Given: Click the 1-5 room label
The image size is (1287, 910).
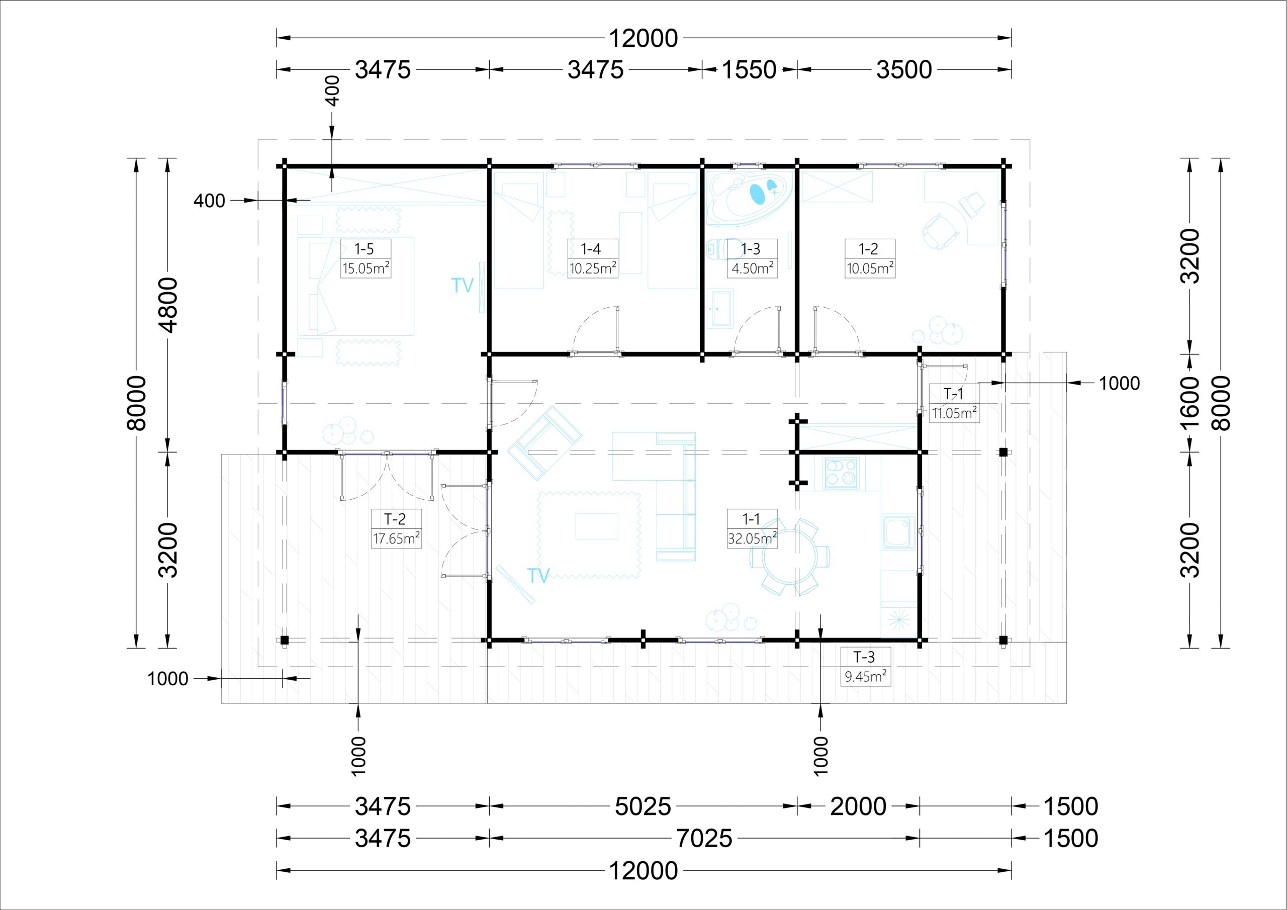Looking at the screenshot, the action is pos(364,248).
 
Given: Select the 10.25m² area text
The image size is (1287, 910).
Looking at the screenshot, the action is pos(593,268).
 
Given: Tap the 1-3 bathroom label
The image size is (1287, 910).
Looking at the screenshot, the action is pos(751,248).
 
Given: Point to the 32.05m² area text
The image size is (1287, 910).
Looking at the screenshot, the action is pos(752,538).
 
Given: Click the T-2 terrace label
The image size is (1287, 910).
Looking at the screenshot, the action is pos(395,519).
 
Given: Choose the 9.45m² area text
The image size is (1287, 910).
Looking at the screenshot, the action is pos(866,676).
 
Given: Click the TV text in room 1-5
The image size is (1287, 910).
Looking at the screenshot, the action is pos(463,286).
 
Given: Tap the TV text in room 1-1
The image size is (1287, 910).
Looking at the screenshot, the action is pos(538,575).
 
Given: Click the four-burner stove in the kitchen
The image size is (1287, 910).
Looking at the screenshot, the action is pos(841,473).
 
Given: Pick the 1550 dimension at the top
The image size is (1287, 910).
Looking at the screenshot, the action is pos(749,70).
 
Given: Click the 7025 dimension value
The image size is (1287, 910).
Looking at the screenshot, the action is pos(704,838).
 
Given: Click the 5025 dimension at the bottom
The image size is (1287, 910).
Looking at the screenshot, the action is pos(643,806).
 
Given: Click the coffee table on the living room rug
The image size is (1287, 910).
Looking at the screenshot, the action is pos(596,526).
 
